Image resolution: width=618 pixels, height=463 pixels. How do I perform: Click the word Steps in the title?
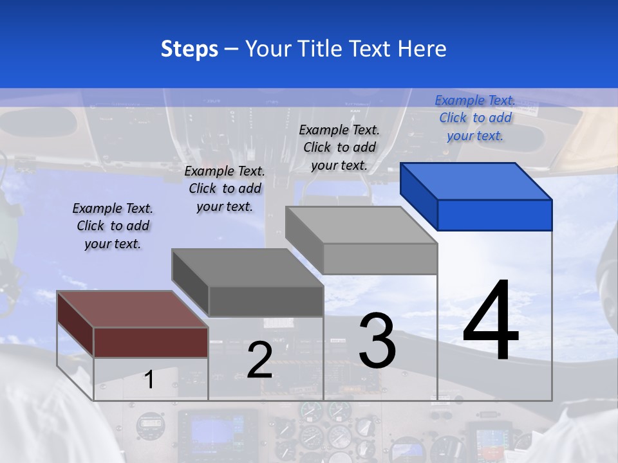[x=189, y=49]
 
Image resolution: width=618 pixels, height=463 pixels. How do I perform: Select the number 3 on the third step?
[x=377, y=340]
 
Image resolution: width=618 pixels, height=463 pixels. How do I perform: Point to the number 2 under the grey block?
[x=259, y=360]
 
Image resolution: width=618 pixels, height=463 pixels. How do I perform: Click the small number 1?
[x=149, y=379]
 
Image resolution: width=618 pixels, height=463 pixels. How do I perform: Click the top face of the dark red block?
[x=132, y=309]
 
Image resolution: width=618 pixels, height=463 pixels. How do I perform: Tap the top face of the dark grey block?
[x=247, y=267]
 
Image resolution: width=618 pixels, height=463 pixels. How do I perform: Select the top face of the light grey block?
[x=361, y=224]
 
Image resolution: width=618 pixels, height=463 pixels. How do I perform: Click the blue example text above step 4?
[x=475, y=118]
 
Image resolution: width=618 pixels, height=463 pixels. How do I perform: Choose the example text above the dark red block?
[x=113, y=226]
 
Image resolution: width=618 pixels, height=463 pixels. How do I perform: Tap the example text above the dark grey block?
[x=225, y=188]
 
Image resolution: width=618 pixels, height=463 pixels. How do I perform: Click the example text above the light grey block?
[x=339, y=147]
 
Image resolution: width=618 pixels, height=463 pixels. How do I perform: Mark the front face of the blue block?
[x=494, y=215]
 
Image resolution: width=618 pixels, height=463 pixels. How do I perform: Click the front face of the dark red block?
[x=151, y=342]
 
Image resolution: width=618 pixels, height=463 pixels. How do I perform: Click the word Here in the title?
[x=422, y=49]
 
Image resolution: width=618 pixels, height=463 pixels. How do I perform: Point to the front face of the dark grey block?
[x=266, y=301]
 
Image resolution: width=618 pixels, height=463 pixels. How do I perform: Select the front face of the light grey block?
[x=380, y=259]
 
